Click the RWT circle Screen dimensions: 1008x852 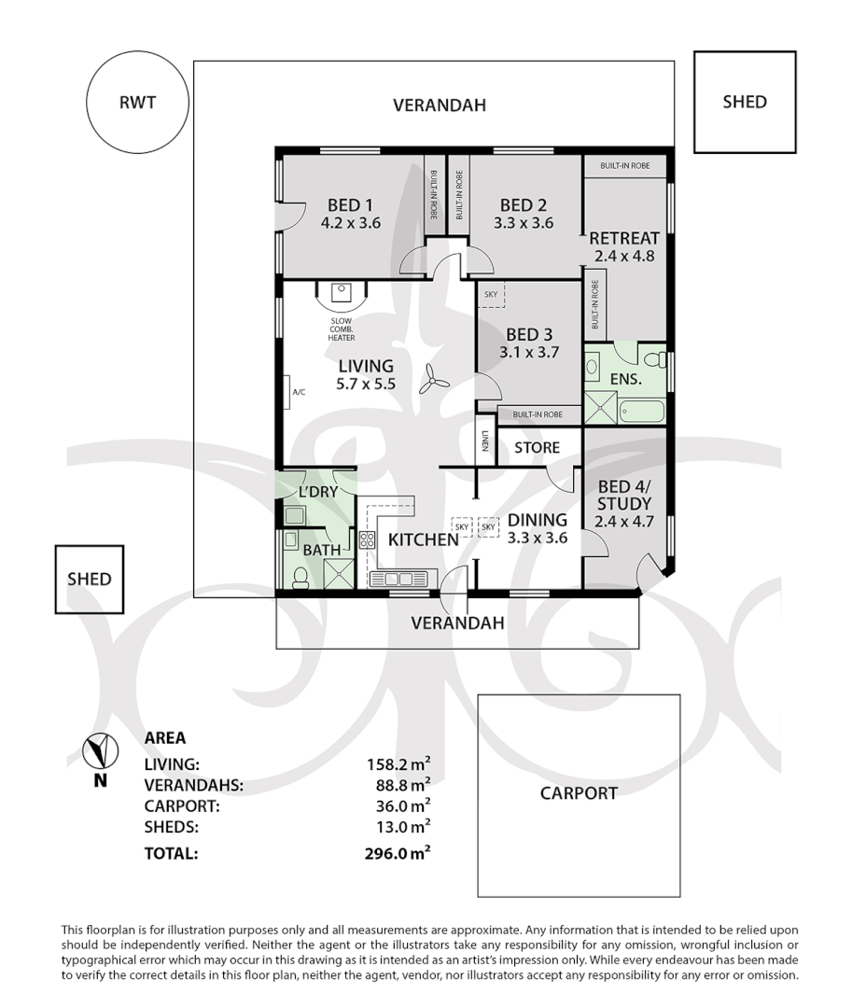[136, 103]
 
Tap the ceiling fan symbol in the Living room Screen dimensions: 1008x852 [433, 377]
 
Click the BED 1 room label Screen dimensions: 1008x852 [350, 205]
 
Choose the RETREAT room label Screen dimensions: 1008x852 [624, 237]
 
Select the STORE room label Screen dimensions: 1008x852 [538, 447]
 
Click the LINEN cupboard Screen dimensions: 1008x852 [485, 441]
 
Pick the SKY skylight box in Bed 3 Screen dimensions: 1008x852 [491, 294]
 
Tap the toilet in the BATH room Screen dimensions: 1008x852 [300, 578]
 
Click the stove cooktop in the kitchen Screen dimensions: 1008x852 [366, 539]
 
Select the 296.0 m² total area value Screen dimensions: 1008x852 [398, 852]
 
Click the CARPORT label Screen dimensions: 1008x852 [579, 793]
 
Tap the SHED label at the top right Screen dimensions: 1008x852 [744, 102]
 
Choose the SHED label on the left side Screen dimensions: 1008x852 [89, 579]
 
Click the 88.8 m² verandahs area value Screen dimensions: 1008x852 [398, 785]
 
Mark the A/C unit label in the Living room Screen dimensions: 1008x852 [299, 392]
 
